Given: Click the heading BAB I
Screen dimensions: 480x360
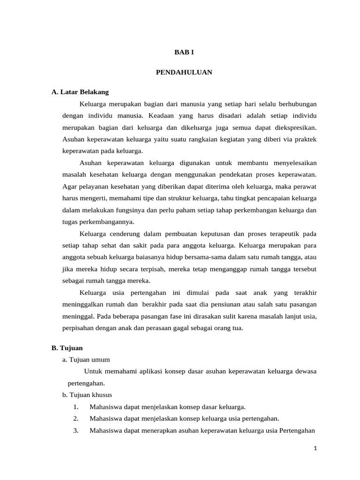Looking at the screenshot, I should point(184,53).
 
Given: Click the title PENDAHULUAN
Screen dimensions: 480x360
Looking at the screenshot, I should point(184,72).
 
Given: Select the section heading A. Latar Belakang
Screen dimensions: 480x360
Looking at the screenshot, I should point(80,92).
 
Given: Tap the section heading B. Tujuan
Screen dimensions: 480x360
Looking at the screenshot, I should point(67,348).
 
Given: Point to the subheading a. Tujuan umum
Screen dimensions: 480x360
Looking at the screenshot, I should point(86,360).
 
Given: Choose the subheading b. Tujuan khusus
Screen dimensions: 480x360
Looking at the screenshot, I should point(87,395).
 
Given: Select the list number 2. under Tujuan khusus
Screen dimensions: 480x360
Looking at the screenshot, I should point(76,419).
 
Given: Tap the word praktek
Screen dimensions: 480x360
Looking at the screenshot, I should point(305,139).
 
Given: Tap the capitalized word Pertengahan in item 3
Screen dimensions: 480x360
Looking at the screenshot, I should point(297,431).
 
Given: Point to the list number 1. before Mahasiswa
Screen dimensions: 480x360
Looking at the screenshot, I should point(76,407).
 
